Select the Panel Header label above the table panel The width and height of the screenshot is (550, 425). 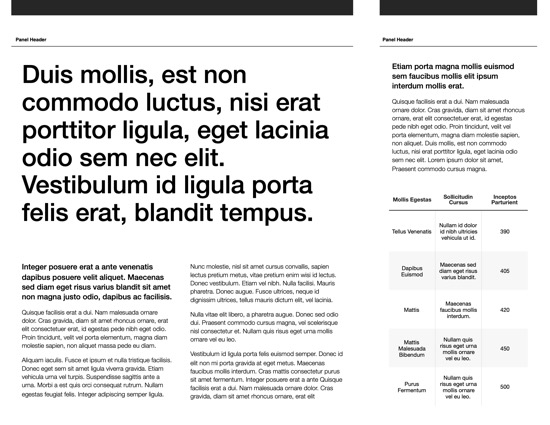[398, 40]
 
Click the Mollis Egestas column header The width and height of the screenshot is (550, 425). [412, 200]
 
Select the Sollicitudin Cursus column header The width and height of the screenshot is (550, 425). [458, 200]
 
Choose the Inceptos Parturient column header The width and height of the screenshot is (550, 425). [505, 200]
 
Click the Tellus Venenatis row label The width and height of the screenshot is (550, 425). [412, 232]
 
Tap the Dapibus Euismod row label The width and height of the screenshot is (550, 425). [412, 271]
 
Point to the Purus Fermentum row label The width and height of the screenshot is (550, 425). [412, 387]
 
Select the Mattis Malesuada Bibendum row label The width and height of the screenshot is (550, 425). [412, 349]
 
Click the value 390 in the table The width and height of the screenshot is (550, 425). [505, 232]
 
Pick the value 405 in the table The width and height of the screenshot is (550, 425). [505, 271]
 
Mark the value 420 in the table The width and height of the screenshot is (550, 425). [505, 310]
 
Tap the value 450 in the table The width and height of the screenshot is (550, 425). [505, 349]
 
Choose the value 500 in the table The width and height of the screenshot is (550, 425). [505, 387]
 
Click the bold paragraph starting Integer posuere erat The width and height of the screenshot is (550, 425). [98, 282]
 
